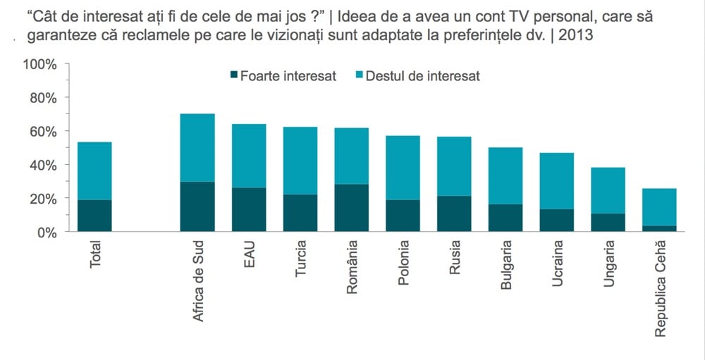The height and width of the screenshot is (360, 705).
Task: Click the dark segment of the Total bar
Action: pos(94,216)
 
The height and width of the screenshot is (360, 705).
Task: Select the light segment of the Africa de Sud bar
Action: pos(197,147)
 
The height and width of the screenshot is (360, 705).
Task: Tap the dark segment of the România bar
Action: pos(352,208)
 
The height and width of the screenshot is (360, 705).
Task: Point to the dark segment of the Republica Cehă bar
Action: pos(659,228)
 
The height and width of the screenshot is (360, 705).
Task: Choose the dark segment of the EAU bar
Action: pos(249,209)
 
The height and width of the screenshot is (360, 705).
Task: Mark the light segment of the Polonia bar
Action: pos(403,168)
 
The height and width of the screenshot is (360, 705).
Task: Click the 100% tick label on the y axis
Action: pos(40,65)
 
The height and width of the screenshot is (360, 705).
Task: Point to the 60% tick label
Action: pos(43,132)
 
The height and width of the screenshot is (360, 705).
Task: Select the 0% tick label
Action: pos(47,232)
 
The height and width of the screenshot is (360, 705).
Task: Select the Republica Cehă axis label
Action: pos(660,287)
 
